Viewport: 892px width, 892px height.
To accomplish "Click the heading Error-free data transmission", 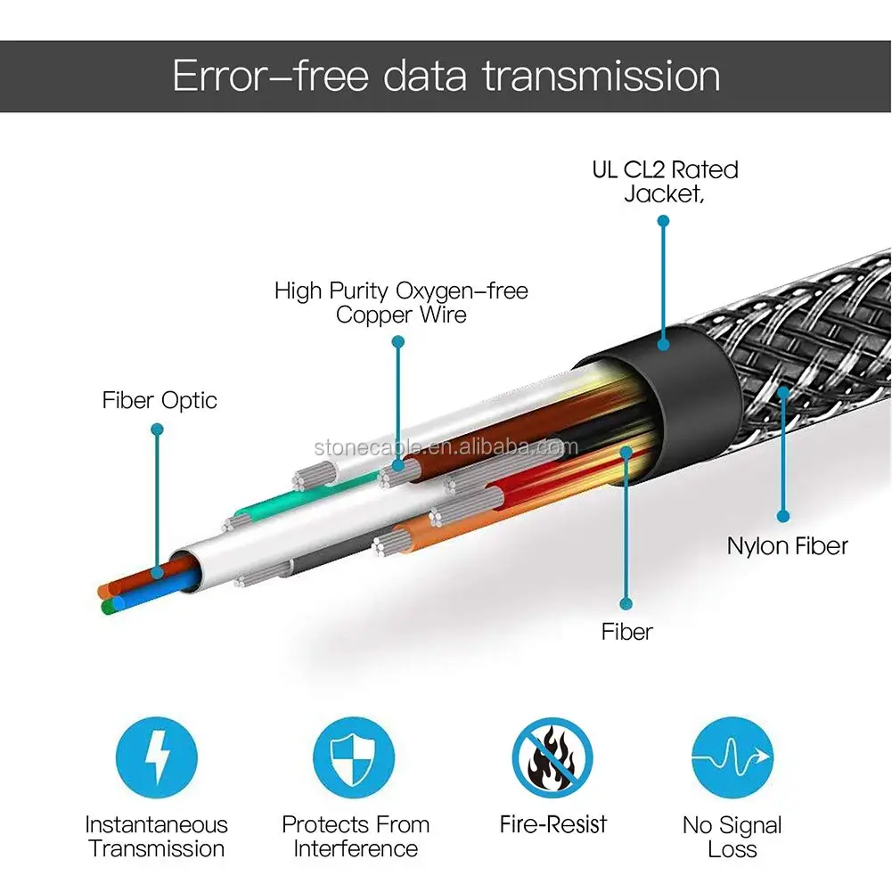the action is click(x=446, y=76).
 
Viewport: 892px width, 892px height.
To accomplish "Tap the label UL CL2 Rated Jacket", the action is click(x=665, y=182).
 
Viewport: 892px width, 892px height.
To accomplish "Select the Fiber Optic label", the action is click(x=159, y=401).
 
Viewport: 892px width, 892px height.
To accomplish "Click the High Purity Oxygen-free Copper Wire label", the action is click(x=400, y=302).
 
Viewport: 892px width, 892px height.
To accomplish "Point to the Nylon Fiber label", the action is click(x=787, y=545).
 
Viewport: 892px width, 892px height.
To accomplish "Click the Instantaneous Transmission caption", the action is click(x=157, y=836).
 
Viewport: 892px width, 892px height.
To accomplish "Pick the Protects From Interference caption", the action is click(x=356, y=836).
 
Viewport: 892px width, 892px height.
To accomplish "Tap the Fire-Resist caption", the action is click(x=552, y=824).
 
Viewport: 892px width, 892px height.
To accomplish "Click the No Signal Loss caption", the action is click(x=732, y=837).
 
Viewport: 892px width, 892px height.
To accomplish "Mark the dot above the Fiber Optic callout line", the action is click(x=157, y=430).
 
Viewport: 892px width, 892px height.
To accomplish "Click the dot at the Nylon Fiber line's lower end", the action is click(x=783, y=515).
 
